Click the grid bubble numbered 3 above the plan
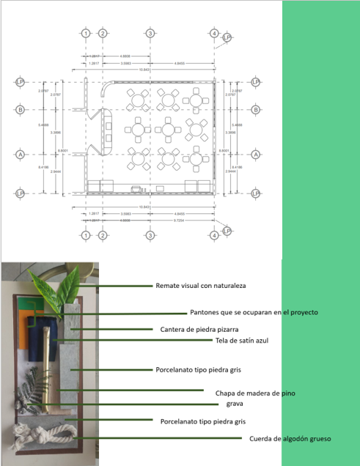(x=150, y=34)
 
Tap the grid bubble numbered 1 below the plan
(x=86, y=236)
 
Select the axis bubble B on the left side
(x=21, y=110)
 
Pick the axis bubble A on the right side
(x=256, y=155)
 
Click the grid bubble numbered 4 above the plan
(x=213, y=34)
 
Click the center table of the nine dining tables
(x=169, y=129)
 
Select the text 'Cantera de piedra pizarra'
(x=203, y=329)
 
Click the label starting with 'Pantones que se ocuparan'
(x=254, y=312)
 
